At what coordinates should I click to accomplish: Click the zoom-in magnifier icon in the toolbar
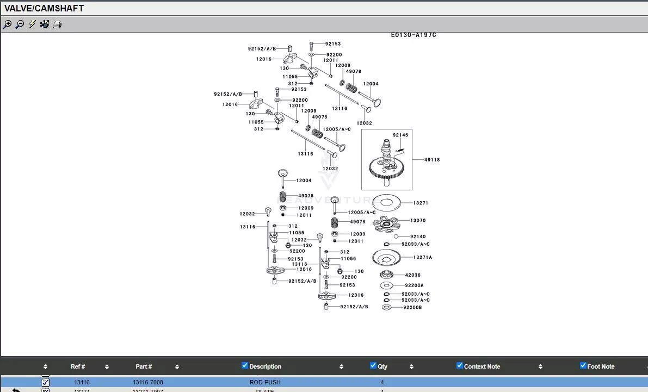click(x=7, y=24)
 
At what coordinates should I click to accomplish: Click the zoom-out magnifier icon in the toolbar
click(x=20, y=24)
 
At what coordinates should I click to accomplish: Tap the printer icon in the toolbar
click(x=57, y=24)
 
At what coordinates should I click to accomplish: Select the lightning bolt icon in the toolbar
click(x=32, y=24)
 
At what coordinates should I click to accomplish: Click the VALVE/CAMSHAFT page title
click(x=44, y=8)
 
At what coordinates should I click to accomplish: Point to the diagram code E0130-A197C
click(x=414, y=35)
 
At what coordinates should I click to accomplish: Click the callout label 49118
click(x=432, y=160)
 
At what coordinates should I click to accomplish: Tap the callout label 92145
click(x=400, y=135)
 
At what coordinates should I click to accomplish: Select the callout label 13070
click(x=418, y=221)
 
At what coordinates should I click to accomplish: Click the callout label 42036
click(x=413, y=276)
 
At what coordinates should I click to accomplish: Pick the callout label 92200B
click(x=412, y=308)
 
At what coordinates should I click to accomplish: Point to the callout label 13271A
click(x=423, y=258)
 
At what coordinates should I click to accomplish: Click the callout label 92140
click(x=418, y=237)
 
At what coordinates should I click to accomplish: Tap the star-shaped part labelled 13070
click(x=387, y=223)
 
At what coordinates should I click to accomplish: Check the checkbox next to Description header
click(x=245, y=366)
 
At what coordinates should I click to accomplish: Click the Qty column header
click(x=382, y=367)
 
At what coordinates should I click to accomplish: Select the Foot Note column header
click(x=601, y=367)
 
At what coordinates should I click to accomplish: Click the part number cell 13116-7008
click(x=148, y=383)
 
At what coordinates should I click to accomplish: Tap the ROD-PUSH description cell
click(x=265, y=383)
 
